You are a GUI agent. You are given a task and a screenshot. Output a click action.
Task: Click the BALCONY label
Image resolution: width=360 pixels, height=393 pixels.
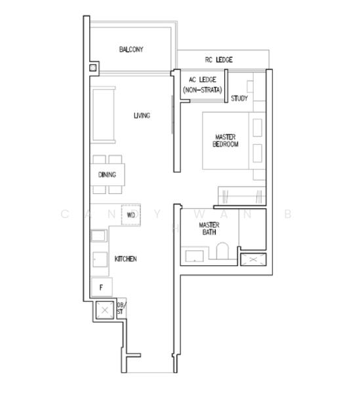(131, 50)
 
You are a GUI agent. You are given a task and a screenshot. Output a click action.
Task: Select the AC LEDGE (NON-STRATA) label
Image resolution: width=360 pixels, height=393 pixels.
(202, 84)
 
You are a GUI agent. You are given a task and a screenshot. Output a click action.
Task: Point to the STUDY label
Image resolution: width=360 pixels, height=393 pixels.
(239, 99)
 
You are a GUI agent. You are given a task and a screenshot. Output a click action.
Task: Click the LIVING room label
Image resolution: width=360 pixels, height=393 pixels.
(142, 116)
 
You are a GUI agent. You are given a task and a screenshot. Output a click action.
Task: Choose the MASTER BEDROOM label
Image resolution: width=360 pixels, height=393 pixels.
(226, 141)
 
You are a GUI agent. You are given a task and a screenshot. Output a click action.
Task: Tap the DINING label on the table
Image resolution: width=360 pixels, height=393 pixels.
(107, 175)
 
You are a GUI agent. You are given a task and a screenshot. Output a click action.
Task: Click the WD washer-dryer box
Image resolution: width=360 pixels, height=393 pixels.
(131, 215)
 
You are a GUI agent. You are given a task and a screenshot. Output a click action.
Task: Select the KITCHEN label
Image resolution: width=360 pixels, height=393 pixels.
(125, 259)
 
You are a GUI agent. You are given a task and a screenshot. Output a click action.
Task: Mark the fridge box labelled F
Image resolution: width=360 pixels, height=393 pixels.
(102, 287)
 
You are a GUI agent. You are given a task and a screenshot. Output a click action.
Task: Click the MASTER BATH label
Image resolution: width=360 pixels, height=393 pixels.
(209, 229)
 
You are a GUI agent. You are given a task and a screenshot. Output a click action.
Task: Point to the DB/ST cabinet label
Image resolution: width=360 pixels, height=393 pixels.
(120, 309)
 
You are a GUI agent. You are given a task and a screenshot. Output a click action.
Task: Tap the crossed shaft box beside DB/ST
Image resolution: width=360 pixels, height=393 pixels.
(104, 310)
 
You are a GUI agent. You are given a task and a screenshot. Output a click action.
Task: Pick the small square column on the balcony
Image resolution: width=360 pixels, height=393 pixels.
(93, 67)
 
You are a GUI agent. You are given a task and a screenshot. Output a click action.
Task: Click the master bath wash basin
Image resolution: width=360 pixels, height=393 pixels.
(193, 257)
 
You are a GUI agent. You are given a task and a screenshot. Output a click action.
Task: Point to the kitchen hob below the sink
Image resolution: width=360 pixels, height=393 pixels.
(100, 260)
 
